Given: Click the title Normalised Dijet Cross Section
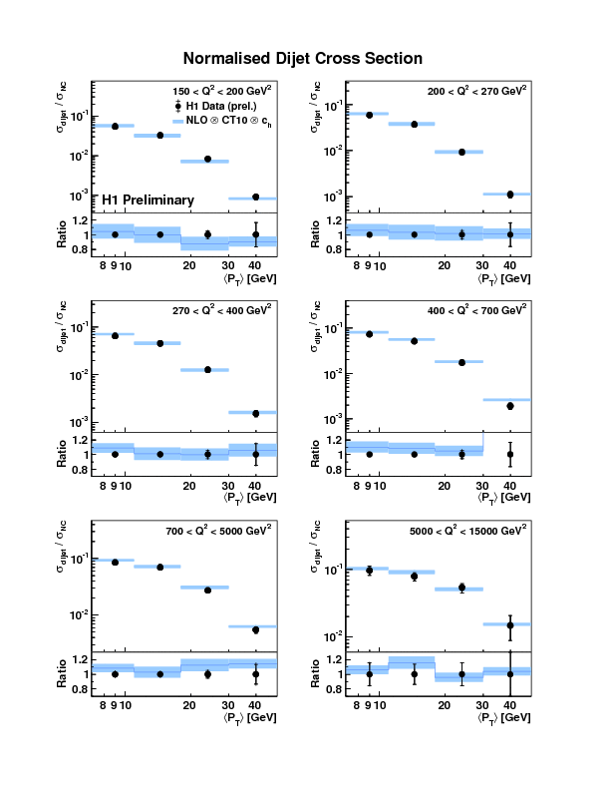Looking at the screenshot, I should coord(303,59).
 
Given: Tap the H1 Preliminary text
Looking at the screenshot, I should coord(149,200).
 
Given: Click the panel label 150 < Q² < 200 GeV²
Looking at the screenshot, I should coord(220,90).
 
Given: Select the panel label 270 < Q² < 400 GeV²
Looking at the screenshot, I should coord(220,311).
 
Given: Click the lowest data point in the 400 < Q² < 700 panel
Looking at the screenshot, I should coord(509,406).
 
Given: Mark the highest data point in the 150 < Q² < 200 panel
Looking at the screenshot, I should coord(115,127).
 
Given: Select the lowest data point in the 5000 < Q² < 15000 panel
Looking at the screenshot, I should coord(509,625).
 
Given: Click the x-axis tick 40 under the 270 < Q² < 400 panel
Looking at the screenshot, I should coord(255,484).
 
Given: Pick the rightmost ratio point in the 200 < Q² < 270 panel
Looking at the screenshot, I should coord(509,234).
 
